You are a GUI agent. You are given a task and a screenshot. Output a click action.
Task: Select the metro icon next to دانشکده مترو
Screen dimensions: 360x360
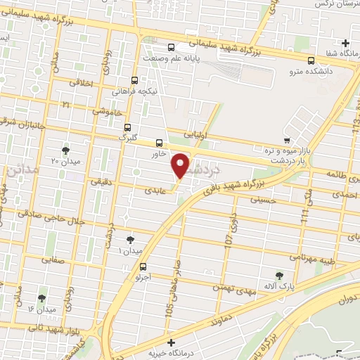[311, 60]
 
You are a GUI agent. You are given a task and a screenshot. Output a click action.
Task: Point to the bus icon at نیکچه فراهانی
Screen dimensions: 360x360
[134, 80]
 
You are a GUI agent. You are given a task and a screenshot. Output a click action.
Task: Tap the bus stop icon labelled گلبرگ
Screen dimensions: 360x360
[127, 127]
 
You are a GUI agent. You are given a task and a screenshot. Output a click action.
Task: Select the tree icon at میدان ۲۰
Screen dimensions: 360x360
[65, 150]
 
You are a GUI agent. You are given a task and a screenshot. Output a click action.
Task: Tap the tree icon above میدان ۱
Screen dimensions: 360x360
[129, 240]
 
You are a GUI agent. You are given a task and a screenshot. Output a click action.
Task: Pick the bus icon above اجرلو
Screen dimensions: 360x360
[143, 266]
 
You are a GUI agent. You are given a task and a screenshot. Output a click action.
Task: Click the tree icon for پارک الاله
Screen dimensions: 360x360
[280, 276]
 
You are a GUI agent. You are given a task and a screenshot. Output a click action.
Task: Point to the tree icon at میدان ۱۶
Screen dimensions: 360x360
[41, 298]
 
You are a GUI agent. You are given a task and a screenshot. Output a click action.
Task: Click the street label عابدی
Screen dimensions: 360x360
[154, 190]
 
